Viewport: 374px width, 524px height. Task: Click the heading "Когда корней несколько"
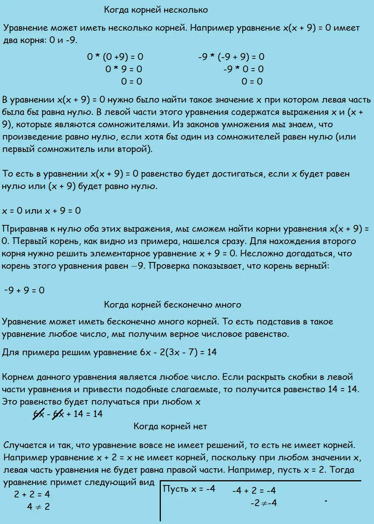pos(156,10)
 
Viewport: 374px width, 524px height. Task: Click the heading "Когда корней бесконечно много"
pos(172,305)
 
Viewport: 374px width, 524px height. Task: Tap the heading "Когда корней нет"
pos(170,426)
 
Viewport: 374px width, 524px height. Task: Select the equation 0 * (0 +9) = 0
pos(115,57)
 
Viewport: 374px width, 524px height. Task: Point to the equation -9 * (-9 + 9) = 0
pos(232,57)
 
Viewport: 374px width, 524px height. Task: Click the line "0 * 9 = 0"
pos(124,69)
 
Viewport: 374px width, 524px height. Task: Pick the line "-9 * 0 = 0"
pos(243,69)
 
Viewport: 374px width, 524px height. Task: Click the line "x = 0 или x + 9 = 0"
pos(42,211)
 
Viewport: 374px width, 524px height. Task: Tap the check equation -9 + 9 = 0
pos(24,290)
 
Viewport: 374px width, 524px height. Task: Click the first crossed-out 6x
pos(39,414)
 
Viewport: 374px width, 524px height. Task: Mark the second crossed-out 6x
pos(58,414)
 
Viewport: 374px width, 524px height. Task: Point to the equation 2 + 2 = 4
pos(32,494)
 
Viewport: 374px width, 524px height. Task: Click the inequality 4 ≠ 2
pos(39,507)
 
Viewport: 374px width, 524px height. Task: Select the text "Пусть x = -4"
pos(189,489)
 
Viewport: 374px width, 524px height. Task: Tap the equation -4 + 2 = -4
pos(254,491)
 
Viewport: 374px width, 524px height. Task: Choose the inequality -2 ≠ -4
pos(264,503)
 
